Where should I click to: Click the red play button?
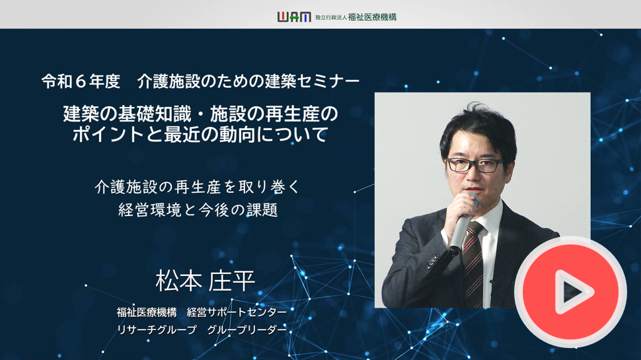[570, 292]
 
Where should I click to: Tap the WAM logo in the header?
[294, 17]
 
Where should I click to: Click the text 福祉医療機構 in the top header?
[372, 17]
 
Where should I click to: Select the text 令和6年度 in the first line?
[81, 82]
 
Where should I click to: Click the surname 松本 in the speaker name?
[178, 281]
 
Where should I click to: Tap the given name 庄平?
[232, 281]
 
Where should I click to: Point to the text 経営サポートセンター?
[237, 312]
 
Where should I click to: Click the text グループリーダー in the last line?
[247, 330]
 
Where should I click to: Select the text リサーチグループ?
[157, 330]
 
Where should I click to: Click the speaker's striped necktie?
[473, 265]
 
